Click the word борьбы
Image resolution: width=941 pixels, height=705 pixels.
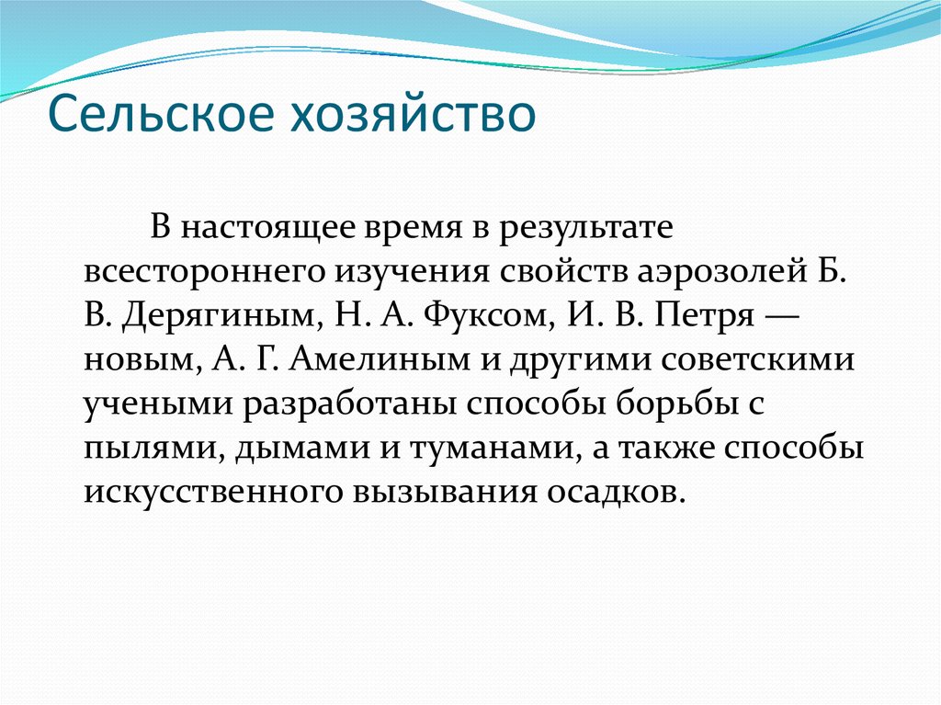[667, 403]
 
